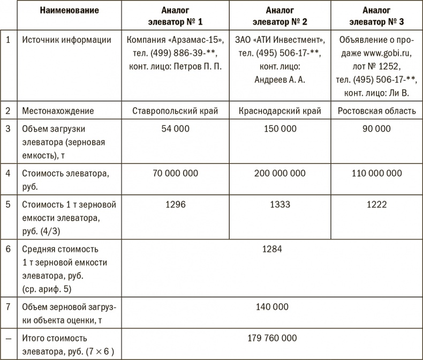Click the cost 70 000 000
tap(175, 173)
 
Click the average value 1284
tap(272, 249)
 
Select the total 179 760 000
tap(272, 338)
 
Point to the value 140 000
tap(272, 307)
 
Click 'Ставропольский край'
tap(175, 111)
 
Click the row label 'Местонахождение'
tap(57, 111)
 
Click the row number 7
tap(7, 307)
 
